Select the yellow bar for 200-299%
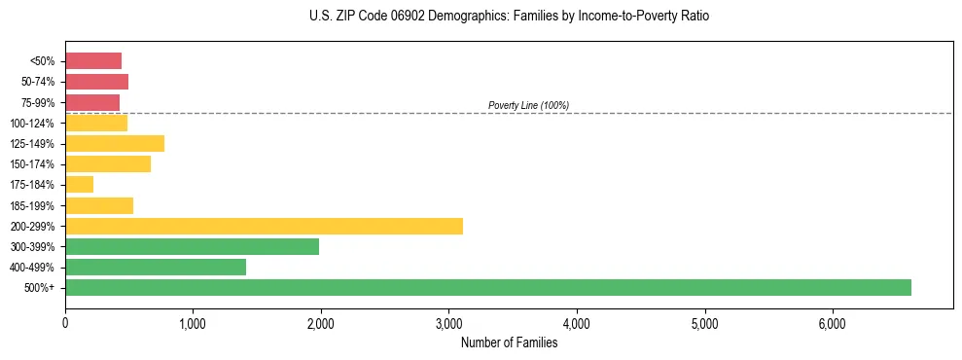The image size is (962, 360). click(264, 226)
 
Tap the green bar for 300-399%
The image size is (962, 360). click(192, 246)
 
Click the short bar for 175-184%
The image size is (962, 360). click(79, 185)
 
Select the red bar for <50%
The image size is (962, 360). click(93, 61)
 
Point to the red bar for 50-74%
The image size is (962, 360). click(96, 82)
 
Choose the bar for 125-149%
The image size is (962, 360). click(115, 144)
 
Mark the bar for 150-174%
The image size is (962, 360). click(108, 164)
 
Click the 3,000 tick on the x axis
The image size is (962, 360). click(448, 323)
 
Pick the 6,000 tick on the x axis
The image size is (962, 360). click(833, 323)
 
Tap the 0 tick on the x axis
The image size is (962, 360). click(65, 323)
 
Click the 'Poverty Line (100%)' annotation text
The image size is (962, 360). click(528, 105)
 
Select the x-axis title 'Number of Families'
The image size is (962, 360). click(509, 342)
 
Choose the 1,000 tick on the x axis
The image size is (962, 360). click(193, 323)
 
